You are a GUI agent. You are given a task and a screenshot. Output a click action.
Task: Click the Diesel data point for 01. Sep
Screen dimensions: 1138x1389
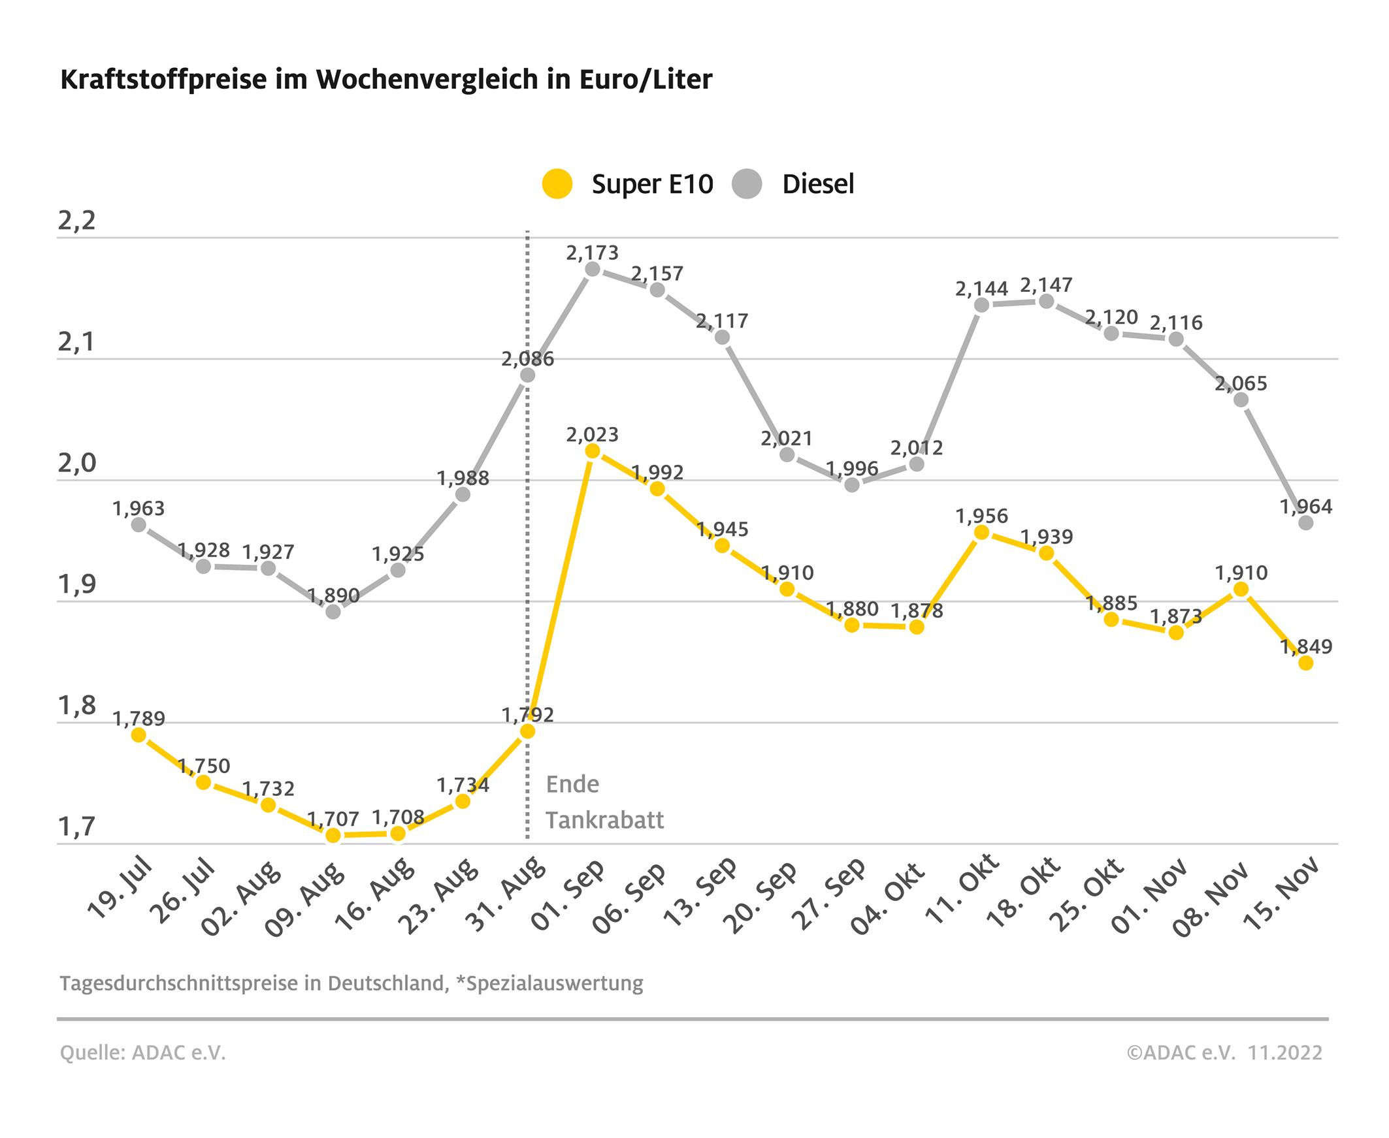coord(592,270)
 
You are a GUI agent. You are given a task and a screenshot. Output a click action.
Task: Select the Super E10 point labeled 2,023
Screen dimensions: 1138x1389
coord(592,451)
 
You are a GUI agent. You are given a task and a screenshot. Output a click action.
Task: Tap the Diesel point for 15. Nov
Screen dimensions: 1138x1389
coord(1306,523)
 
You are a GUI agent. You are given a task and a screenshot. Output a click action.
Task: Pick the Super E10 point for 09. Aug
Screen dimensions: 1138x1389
coord(333,835)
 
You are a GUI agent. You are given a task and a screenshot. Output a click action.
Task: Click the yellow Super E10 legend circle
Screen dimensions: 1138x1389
coord(557,183)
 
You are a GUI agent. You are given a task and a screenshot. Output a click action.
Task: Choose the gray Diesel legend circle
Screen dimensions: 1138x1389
coord(746,183)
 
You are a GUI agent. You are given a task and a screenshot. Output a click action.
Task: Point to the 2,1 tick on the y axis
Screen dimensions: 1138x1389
coord(76,342)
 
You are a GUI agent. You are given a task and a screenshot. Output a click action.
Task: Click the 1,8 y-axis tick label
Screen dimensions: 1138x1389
coord(76,706)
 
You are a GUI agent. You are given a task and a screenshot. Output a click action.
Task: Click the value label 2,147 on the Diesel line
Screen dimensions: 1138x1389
coord(1046,285)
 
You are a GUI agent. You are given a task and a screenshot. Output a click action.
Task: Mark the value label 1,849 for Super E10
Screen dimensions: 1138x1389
coord(1307,646)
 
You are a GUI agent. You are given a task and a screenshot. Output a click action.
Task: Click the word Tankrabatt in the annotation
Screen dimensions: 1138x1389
coord(604,820)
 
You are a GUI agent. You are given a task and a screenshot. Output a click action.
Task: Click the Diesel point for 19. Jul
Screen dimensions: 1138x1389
coord(139,524)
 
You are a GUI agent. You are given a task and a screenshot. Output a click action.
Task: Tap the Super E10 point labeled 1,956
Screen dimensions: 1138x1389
coord(981,532)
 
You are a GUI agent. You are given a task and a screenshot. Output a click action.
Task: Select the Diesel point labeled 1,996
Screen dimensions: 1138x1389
coord(852,485)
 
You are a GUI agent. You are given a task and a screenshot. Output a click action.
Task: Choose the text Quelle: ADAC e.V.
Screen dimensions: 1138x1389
coord(143,1052)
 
